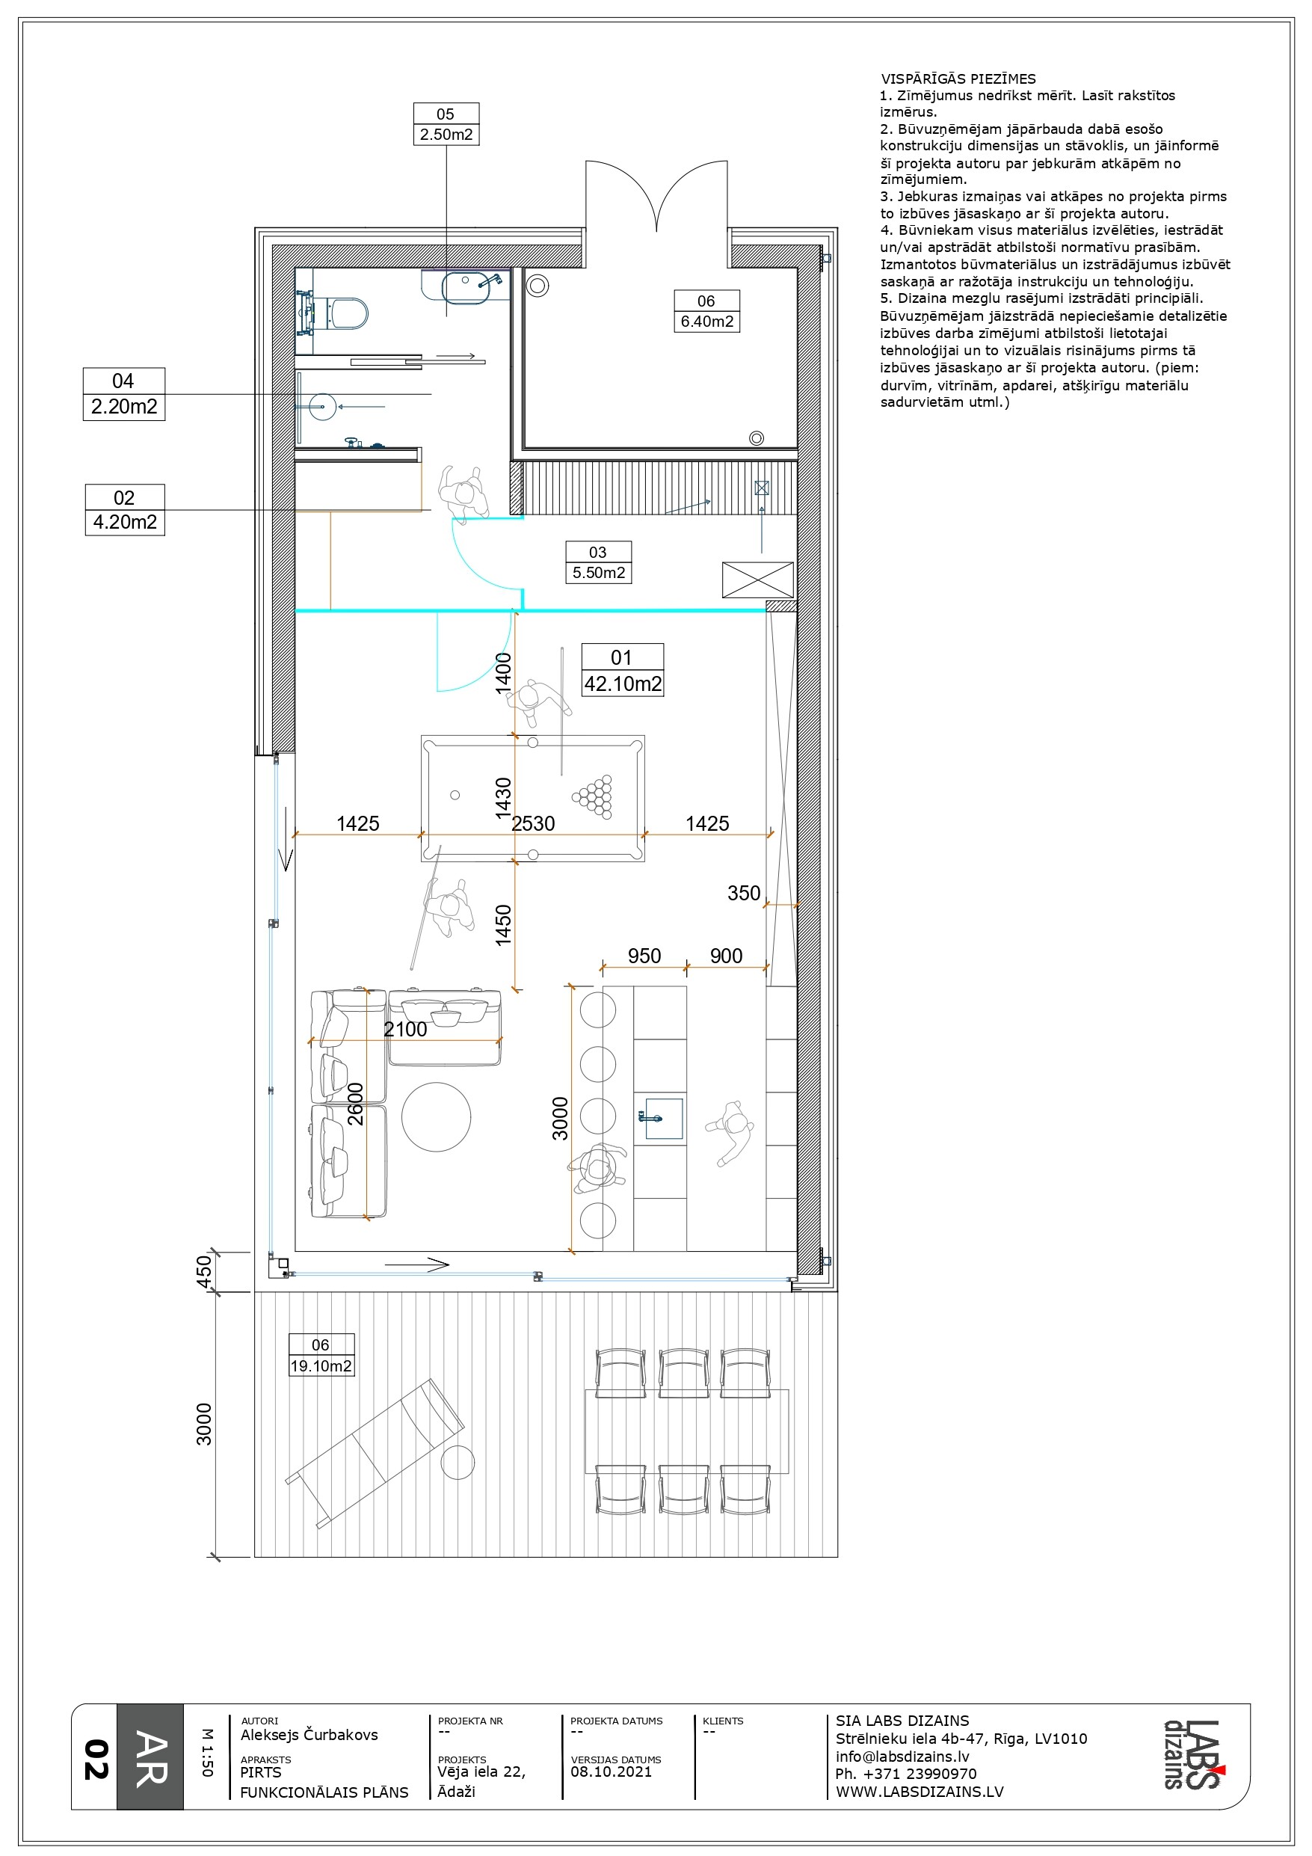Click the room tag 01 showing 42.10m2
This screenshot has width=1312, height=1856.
tap(623, 670)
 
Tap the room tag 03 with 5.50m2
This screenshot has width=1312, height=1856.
tap(598, 562)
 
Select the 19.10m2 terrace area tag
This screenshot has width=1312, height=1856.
tap(321, 1355)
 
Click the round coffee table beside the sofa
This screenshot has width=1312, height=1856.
tap(437, 1117)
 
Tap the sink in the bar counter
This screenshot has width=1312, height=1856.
tap(662, 1118)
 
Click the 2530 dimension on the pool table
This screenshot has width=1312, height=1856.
tap(534, 824)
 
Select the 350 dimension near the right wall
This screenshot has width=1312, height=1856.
tap(744, 894)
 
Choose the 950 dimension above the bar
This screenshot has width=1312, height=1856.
tap(644, 956)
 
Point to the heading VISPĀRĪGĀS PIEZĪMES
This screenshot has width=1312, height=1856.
tap(958, 79)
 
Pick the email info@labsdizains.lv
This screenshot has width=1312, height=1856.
tap(902, 1757)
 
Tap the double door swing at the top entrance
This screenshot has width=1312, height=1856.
tap(656, 197)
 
